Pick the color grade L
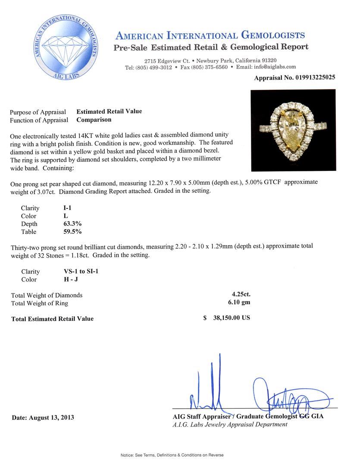click(x=65, y=216)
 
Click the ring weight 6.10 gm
click(x=240, y=302)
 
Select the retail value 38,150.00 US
click(x=231, y=318)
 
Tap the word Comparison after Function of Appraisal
click(x=94, y=120)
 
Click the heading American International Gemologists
click(x=210, y=36)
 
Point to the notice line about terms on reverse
click(x=172, y=455)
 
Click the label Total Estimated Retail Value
click(x=52, y=319)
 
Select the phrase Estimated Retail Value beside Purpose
click(x=109, y=111)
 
